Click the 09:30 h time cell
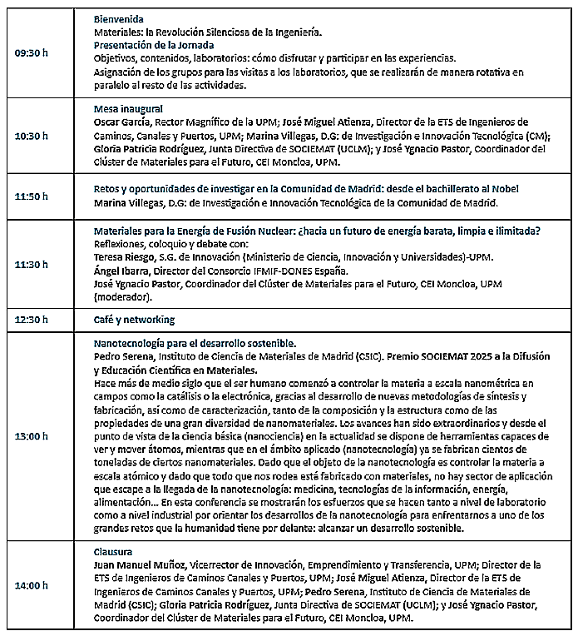(x=32, y=52)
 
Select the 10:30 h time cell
(x=32, y=136)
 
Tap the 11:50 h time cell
(x=32, y=196)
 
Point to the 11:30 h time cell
(x=32, y=263)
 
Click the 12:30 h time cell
(x=32, y=320)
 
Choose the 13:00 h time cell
(x=32, y=435)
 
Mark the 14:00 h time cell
(x=32, y=585)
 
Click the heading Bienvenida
(x=118, y=18)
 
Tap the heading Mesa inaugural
(x=128, y=109)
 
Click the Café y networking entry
(x=134, y=320)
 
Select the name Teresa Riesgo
(x=123, y=256)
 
